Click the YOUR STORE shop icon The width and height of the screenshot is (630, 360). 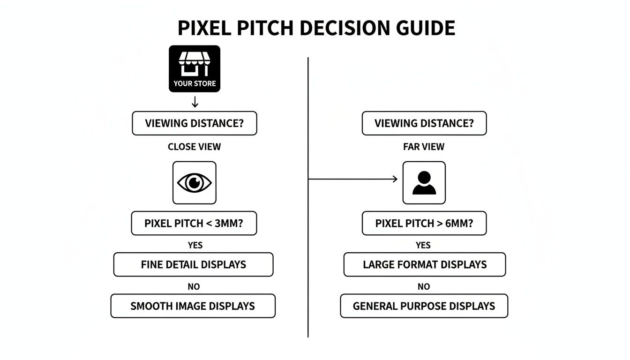[x=195, y=68]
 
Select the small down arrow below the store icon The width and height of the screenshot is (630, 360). [x=195, y=102]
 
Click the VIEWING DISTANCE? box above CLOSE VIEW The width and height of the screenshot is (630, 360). [x=195, y=124]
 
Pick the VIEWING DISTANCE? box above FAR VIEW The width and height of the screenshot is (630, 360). [x=424, y=124]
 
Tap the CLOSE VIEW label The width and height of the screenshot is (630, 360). [x=194, y=147]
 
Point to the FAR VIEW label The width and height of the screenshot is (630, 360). [x=424, y=147]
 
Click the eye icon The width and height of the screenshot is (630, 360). [x=195, y=183]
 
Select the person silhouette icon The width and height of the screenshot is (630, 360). [x=424, y=183]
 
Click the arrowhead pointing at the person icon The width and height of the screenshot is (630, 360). [x=395, y=179]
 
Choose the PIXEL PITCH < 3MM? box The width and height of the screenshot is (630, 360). [x=194, y=224]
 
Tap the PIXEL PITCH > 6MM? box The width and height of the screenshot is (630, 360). [x=424, y=224]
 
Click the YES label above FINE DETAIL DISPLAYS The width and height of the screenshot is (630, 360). [x=195, y=245]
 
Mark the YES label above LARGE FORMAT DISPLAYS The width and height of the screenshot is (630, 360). [x=423, y=245]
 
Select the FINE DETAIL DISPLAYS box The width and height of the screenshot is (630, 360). [x=193, y=264]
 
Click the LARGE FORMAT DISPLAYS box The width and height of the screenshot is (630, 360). [x=425, y=264]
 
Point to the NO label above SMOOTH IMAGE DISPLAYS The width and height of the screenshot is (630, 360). [x=194, y=286]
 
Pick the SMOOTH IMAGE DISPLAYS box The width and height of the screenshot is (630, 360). [x=193, y=306]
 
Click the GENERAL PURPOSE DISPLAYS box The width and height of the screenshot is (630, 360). [x=424, y=306]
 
